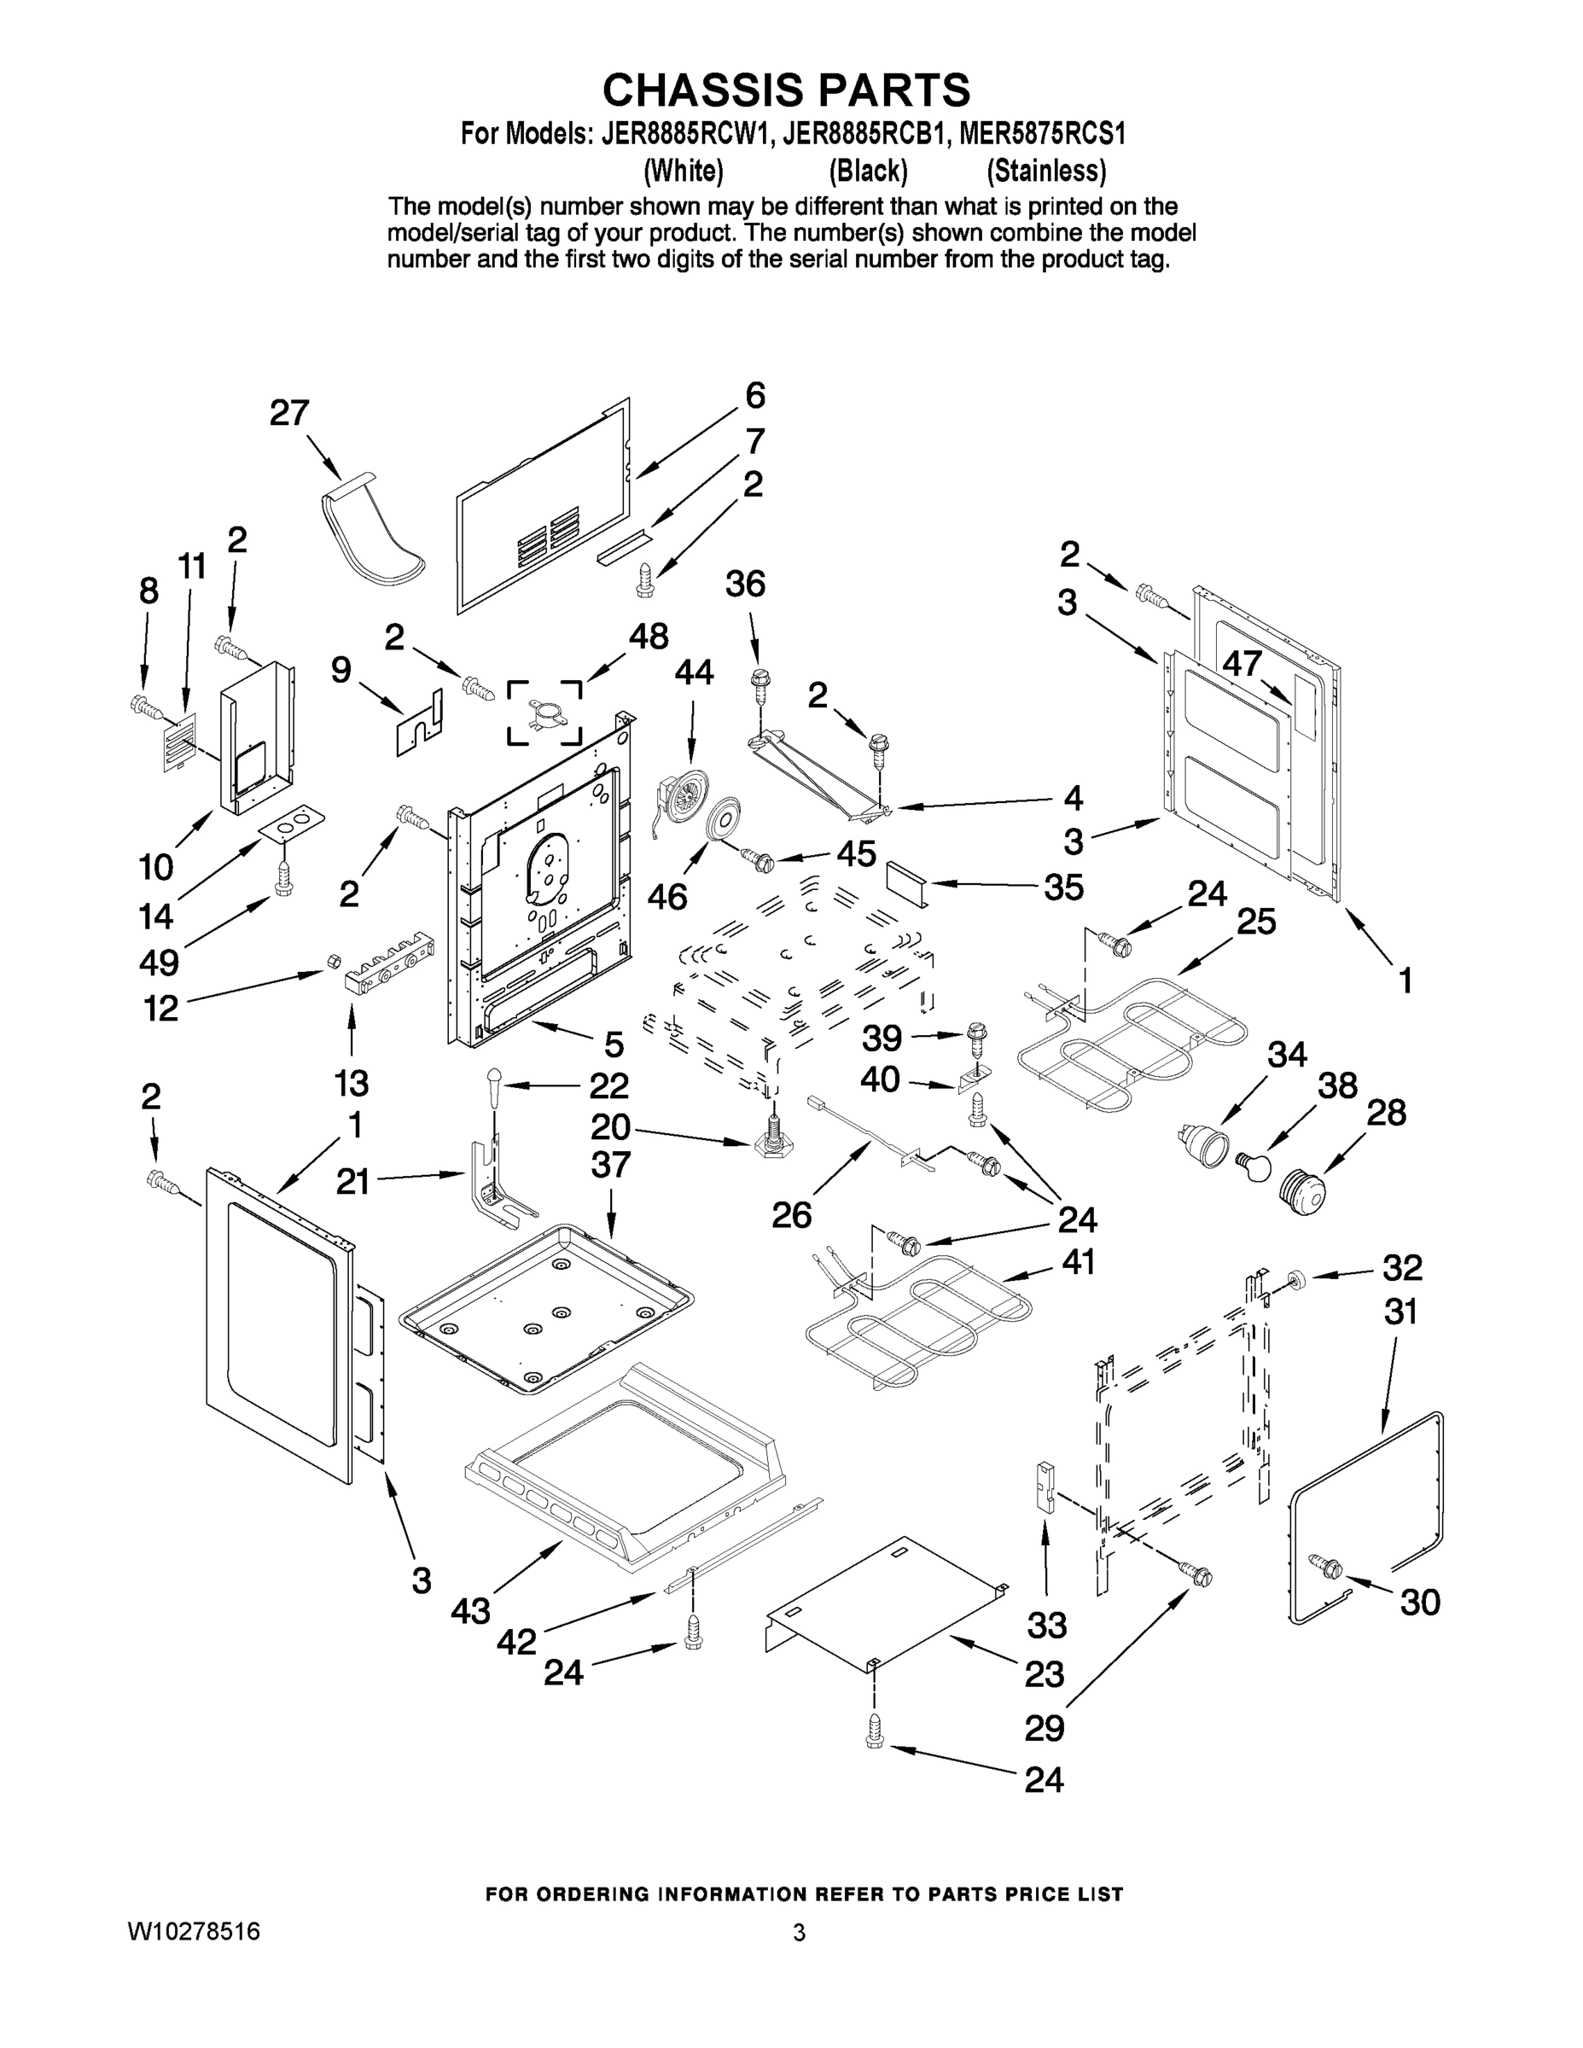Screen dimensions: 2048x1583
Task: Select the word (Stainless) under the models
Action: [x=1045, y=171]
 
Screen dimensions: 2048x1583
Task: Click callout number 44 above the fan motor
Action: [x=694, y=672]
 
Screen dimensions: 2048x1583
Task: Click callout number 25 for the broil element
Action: [x=1255, y=922]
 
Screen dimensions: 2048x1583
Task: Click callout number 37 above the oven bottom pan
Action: [x=610, y=1165]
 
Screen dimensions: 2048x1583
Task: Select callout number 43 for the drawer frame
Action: [x=470, y=1611]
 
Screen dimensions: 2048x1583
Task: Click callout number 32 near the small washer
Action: [x=1402, y=1268]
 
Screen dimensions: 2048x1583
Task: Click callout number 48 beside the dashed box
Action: [x=648, y=636]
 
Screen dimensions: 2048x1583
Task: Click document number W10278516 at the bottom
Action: [x=194, y=1932]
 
